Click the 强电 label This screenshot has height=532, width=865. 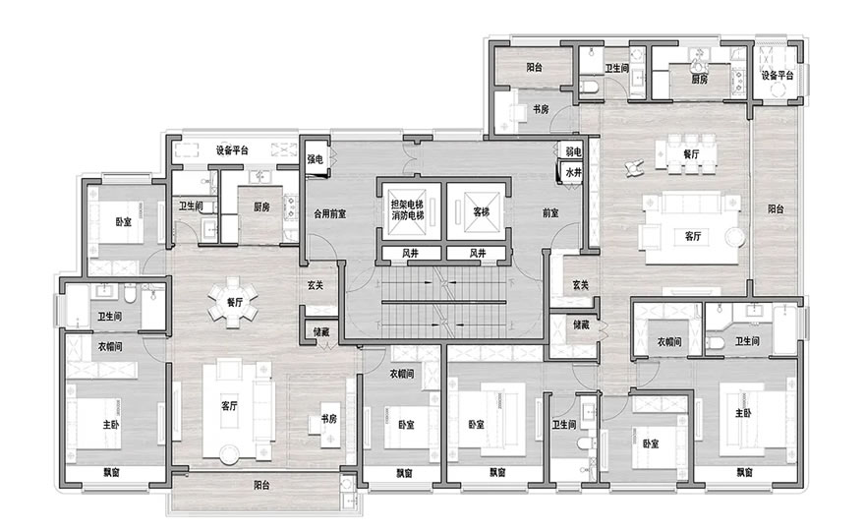click(315, 159)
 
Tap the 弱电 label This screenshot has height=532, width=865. click(573, 151)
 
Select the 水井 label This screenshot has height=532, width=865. click(573, 173)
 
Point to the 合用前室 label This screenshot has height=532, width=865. click(330, 213)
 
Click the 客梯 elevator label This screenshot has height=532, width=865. click(481, 211)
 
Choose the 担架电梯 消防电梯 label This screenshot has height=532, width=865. click(408, 210)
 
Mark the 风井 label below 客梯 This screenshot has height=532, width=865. click(477, 254)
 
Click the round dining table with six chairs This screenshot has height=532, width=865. click(233, 303)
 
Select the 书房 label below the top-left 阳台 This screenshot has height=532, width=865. click(541, 109)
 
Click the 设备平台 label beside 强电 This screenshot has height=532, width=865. click(232, 150)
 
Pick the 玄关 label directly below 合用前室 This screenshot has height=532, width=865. click(315, 286)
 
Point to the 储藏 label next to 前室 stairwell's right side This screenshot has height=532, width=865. click(581, 325)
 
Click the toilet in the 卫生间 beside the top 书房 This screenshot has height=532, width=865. click(589, 88)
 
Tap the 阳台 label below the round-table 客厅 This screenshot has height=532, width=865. click(262, 486)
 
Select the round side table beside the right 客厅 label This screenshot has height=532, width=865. click(735, 237)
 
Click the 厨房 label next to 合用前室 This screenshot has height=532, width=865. click(262, 207)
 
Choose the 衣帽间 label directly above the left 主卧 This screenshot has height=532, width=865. click(110, 346)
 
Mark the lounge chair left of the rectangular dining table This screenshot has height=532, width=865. click(634, 167)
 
